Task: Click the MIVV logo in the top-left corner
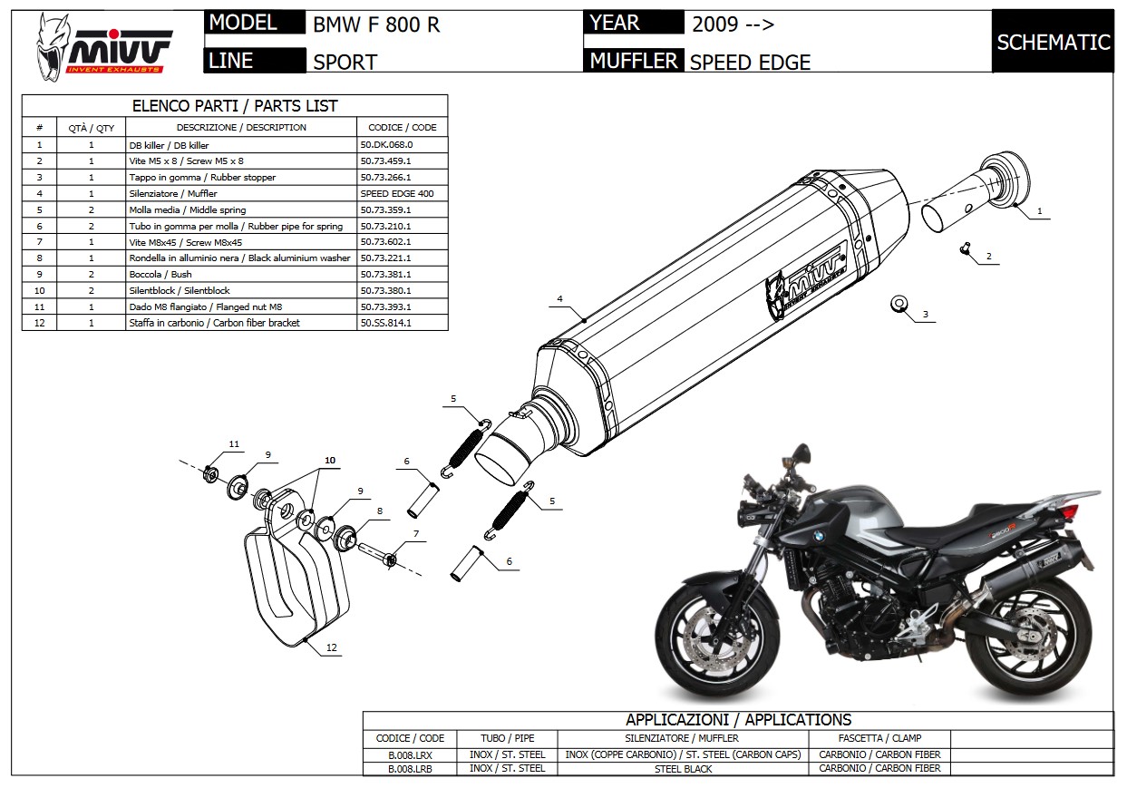(x=104, y=47)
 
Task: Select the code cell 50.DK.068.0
(x=386, y=145)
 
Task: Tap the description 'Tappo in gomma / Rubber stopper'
(x=202, y=177)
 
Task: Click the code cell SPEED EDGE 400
(x=397, y=194)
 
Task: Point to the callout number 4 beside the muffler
(x=560, y=299)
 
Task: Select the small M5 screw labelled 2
(x=965, y=248)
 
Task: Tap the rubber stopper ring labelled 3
(x=899, y=304)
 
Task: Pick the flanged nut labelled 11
(x=210, y=474)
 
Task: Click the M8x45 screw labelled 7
(x=378, y=554)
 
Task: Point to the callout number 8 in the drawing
(x=380, y=511)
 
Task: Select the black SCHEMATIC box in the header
(x=1053, y=42)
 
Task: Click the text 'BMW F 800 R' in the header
(x=376, y=24)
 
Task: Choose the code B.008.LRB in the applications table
(x=410, y=769)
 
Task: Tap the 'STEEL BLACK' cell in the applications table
(x=684, y=769)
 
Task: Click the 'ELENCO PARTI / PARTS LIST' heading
(x=235, y=106)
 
